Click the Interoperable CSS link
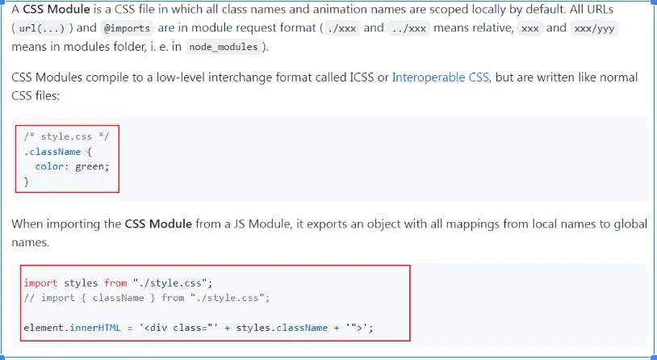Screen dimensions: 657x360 [441, 77]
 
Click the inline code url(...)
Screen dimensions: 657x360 [42, 28]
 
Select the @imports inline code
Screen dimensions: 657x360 [127, 28]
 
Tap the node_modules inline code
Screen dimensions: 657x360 [224, 47]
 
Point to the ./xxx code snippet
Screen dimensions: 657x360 [342, 28]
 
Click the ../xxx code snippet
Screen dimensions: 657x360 [408, 28]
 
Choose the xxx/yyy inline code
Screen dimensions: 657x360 [594, 28]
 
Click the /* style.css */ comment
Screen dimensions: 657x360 [66, 136]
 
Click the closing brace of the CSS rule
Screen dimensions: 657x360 [27, 182]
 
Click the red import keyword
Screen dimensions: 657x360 [40, 283]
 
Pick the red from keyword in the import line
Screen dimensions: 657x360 [115, 283]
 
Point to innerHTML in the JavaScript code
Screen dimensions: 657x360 [95, 328]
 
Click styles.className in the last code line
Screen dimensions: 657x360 [282, 328]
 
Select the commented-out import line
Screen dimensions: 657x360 [147, 298]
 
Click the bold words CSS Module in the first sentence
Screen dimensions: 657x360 [56, 9]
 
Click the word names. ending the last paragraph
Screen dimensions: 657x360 [31, 242]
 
